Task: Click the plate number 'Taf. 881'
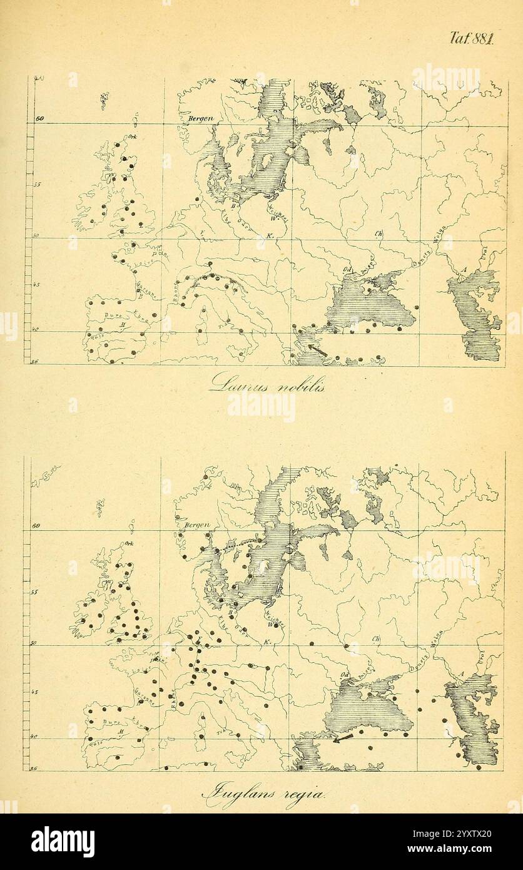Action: (472, 38)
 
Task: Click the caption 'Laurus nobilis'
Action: (267, 382)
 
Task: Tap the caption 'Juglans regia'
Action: (263, 794)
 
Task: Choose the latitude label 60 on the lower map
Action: (36, 526)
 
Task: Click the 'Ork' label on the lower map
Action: (130, 544)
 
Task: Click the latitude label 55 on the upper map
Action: (37, 185)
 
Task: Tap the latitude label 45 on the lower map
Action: (35, 692)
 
